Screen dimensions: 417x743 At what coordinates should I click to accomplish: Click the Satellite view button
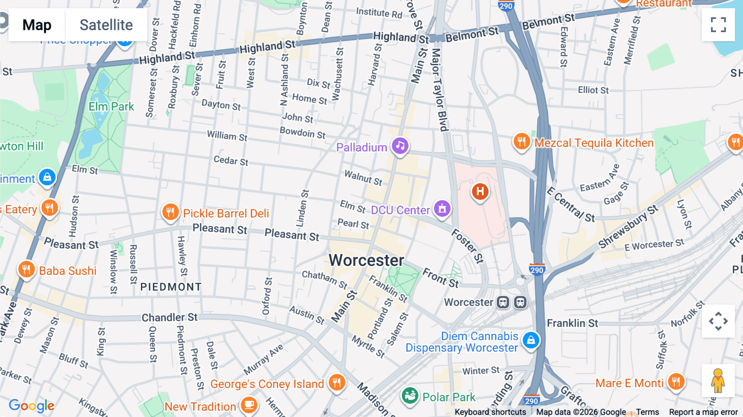(106, 25)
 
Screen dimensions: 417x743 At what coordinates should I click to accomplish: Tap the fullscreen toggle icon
(718, 25)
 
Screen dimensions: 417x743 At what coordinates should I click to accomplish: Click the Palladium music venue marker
(400, 146)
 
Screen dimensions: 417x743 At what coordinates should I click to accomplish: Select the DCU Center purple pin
(442, 208)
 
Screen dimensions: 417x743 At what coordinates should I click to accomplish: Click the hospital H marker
(480, 192)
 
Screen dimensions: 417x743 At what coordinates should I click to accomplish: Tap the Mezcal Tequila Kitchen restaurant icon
(521, 142)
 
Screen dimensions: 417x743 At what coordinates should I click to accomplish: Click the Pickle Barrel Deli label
(226, 213)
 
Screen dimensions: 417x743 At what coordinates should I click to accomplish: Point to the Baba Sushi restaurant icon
(26, 270)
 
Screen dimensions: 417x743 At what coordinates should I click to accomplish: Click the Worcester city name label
(366, 261)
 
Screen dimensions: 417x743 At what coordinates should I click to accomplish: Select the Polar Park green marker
(410, 396)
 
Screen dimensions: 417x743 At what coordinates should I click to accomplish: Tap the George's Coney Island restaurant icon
(337, 383)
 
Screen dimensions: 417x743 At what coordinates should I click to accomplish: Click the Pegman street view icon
(718, 381)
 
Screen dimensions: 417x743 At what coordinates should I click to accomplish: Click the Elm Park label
(111, 107)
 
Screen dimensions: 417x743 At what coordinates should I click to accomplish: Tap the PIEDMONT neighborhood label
(171, 287)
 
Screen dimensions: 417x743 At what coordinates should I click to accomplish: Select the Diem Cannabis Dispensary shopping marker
(531, 340)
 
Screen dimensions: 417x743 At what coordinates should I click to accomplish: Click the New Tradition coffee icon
(249, 405)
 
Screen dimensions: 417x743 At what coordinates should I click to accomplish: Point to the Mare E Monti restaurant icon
(676, 382)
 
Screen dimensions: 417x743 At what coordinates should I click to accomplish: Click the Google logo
(32, 405)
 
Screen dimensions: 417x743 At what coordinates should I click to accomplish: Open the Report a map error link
(703, 412)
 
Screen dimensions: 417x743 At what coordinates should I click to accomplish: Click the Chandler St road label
(170, 317)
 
